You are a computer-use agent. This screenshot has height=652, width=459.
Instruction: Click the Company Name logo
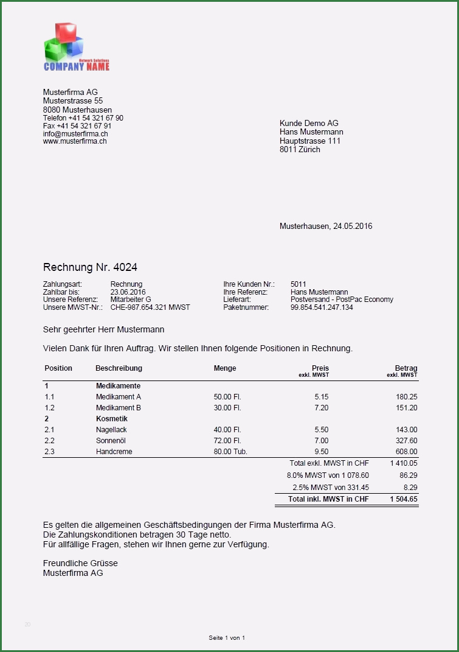click(x=76, y=47)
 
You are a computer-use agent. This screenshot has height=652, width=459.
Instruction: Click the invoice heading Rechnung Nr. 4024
click(x=86, y=267)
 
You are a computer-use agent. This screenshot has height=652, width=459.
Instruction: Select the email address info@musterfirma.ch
click(x=75, y=133)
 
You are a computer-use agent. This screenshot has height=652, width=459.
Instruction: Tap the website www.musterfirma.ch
click(x=75, y=141)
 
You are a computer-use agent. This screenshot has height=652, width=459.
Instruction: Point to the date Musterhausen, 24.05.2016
click(x=326, y=226)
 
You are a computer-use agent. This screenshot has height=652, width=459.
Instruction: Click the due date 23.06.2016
click(x=128, y=292)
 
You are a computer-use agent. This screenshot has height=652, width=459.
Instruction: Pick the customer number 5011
click(x=299, y=284)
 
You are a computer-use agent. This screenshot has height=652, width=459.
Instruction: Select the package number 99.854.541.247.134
click(x=322, y=307)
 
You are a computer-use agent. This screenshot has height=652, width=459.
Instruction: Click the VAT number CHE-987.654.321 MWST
click(x=150, y=307)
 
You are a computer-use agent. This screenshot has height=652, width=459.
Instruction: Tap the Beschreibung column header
click(x=119, y=368)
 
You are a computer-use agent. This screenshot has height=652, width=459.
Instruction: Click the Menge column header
click(x=225, y=368)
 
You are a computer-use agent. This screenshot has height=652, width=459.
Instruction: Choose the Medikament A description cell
click(x=119, y=397)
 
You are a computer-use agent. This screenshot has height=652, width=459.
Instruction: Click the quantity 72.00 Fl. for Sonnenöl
click(x=227, y=441)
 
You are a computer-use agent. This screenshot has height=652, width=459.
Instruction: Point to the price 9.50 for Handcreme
click(x=321, y=452)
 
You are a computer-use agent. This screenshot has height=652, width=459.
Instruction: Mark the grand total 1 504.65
click(x=404, y=499)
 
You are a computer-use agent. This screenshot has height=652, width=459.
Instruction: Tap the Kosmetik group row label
click(x=112, y=419)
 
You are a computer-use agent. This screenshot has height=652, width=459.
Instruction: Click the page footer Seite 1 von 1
click(x=227, y=638)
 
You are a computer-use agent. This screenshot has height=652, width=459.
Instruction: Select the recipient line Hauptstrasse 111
click(x=310, y=141)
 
